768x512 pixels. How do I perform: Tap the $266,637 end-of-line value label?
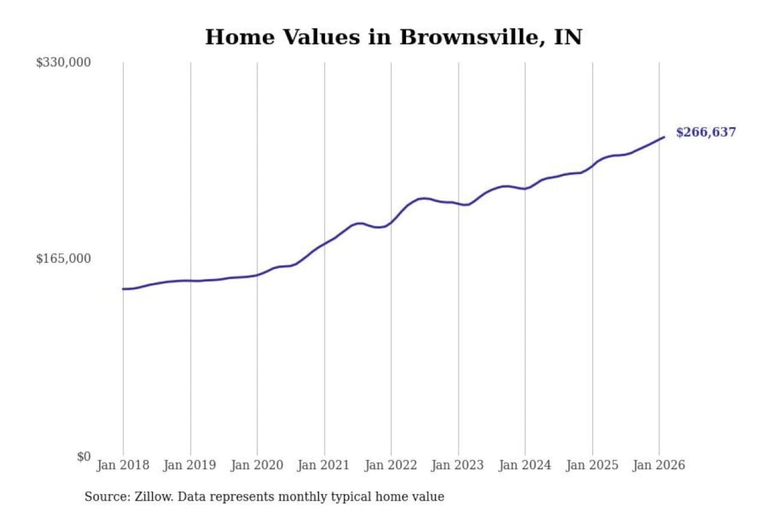click(x=706, y=132)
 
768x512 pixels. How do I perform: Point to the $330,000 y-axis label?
click(x=63, y=62)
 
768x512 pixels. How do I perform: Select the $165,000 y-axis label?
click(x=63, y=259)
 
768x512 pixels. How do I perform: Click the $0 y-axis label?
click(x=84, y=457)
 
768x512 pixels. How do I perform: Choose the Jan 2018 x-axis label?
click(x=123, y=465)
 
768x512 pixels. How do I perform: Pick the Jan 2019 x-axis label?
click(x=190, y=465)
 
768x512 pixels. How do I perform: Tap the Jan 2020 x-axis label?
click(x=257, y=465)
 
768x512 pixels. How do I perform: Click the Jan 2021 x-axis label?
click(x=323, y=465)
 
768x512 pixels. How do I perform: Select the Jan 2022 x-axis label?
click(x=390, y=465)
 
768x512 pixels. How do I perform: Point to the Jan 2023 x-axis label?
click(x=457, y=465)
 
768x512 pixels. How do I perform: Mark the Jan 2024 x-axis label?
click(x=524, y=465)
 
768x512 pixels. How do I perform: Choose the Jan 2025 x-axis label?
click(x=591, y=465)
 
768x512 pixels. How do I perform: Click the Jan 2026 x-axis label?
click(x=659, y=465)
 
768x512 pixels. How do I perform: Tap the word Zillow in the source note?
click(x=153, y=497)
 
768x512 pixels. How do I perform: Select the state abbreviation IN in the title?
click(x=568, y=37)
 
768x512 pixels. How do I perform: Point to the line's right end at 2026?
click(x=664, y=137)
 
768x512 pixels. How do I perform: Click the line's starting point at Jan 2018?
click(x=123, y=289)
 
